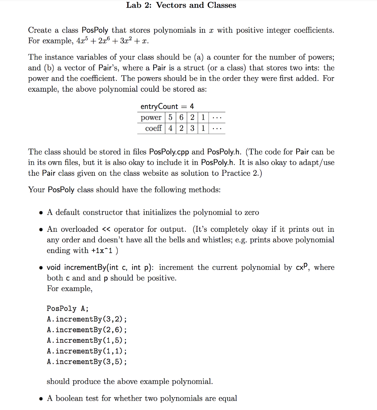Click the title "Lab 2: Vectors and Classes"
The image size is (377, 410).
181,5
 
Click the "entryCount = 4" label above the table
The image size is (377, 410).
167,107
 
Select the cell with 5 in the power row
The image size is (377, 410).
170,118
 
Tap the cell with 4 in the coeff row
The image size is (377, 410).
170,128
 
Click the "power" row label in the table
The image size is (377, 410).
151,118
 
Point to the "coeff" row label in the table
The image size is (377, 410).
153,128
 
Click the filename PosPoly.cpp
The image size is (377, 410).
169,152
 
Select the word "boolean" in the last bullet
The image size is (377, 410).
68,398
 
